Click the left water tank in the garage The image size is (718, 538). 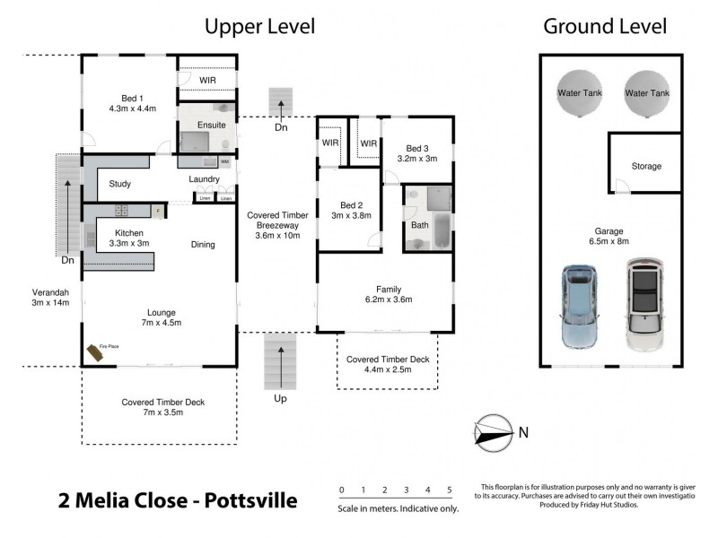tap(580, 92)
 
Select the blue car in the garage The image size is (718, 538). tap(581, 306)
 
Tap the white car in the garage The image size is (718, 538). tap(644, 306)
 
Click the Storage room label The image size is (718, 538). tap(646, 167)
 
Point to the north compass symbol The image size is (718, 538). tap(493, 432)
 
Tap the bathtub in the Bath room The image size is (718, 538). tap(441, 232)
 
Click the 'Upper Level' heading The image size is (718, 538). tap(260, 27)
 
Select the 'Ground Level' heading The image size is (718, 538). tap(605, 27)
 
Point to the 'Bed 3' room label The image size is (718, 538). tap(417, 149)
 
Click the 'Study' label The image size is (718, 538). tap(120, 185)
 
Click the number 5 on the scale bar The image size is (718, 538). tap(449, 490)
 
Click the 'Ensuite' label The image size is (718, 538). tap(211, 125)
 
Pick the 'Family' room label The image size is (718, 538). tap(388, 289)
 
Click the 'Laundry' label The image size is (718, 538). tap(205, 179)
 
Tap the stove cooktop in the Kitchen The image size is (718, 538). tap(119, 212)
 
